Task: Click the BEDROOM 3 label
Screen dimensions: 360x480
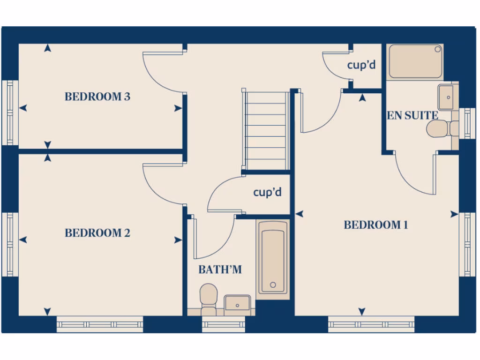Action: pos(97,97)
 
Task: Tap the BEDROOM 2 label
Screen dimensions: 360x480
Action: pos(97,233)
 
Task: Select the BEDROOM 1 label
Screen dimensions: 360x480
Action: pos(376,225)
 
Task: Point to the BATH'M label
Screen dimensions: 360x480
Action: pos(220,270)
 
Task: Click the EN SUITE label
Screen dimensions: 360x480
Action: pos(412,115)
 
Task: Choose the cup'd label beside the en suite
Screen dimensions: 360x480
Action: pos(361,65)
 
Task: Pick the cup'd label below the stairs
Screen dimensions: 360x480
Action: pos(267,192)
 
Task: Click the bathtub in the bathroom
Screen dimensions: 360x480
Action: pos(272,258)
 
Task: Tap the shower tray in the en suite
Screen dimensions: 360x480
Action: pos(415,61)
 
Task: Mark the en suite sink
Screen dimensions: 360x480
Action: pos(448,97)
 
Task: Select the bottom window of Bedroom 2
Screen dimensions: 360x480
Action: pos(100,324)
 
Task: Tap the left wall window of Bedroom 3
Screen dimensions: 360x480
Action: pos(9,112)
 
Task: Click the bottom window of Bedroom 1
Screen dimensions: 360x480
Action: pos(371,324)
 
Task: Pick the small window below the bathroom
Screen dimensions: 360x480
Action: pos(223,324)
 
